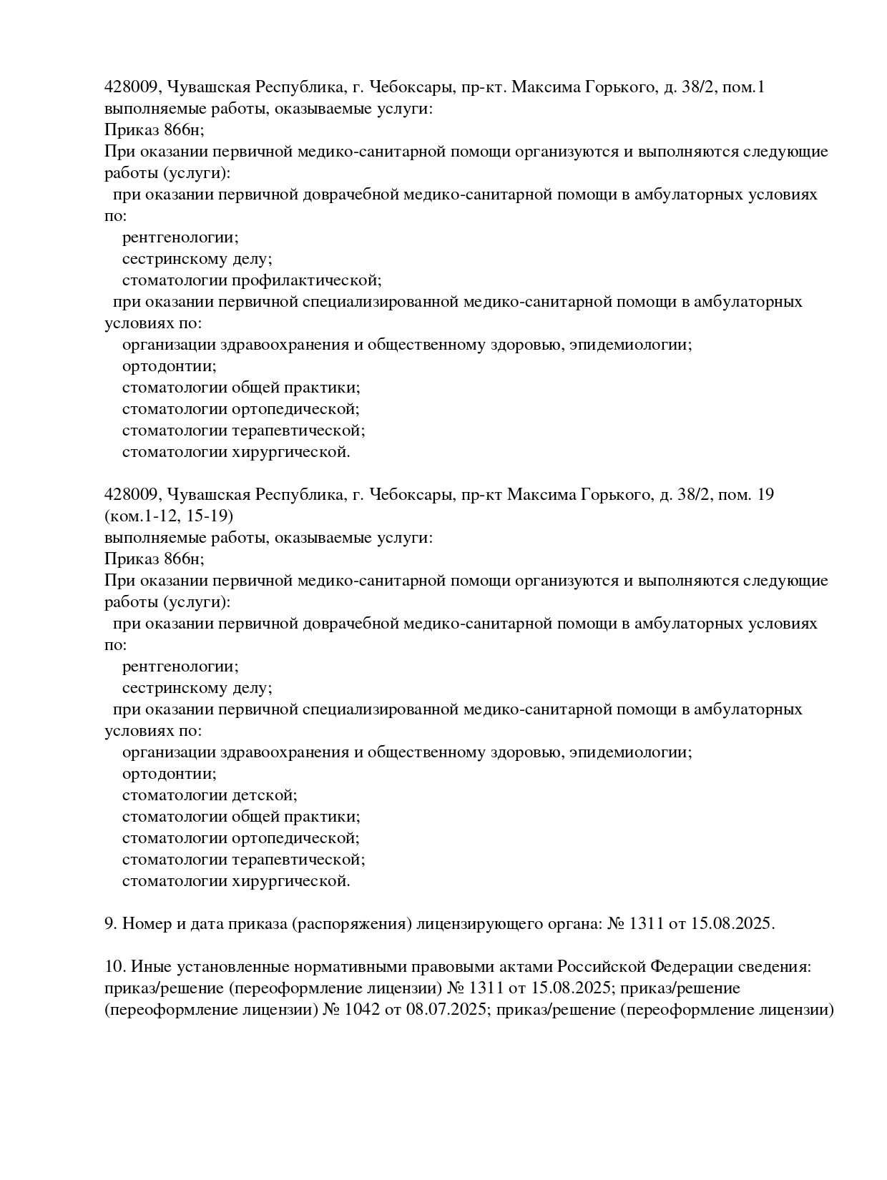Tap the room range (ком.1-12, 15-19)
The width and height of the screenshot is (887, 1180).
(x=169, y=516)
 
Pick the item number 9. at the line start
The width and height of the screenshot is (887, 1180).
(x=111, y=924)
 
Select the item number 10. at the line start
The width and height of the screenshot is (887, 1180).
(x=114, y=967)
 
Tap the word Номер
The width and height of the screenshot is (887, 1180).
(x=147, y=924)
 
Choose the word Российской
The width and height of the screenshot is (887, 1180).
(x=601, y=967)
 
